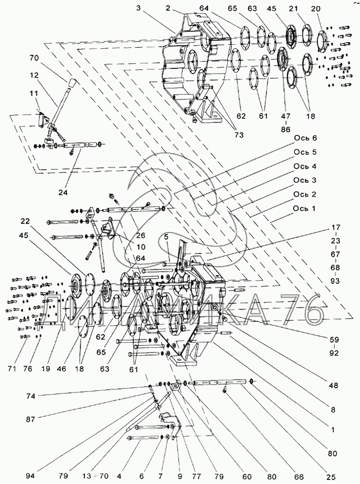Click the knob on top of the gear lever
[x=71, y=83]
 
